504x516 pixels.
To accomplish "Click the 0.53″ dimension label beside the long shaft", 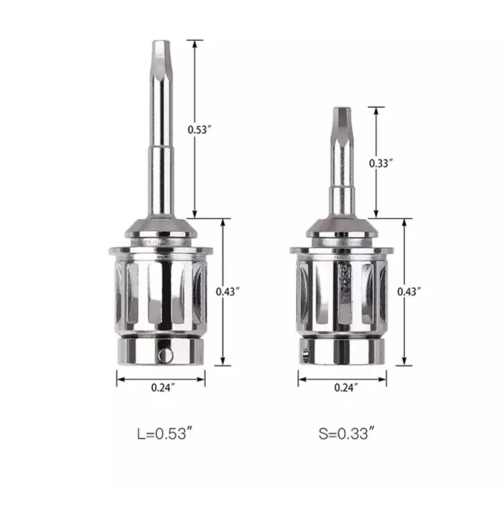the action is click(x=199, y=129).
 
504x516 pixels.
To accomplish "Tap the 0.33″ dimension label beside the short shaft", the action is click(x=381, y=163).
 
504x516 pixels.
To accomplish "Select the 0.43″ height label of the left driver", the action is click(x=227, y=291).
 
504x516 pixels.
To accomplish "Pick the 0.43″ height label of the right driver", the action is click(x=409, y=291).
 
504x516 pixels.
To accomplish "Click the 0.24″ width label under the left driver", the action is click(x=163, y=387).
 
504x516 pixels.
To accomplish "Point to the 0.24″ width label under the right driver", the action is click(x=346, y=387).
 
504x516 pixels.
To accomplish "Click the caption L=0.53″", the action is click(x=164, y=433).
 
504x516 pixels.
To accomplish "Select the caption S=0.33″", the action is click(x=346, y=433).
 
